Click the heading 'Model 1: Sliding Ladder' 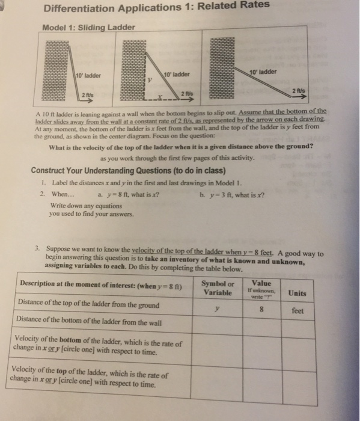(x=88, y=27)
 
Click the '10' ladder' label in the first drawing (x=90, y=75)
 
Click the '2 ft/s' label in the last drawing (x=298, y=90)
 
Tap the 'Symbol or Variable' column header (x=218, y=287)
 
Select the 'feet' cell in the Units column (x=297, y=311)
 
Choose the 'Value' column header (x=262, y=283)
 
